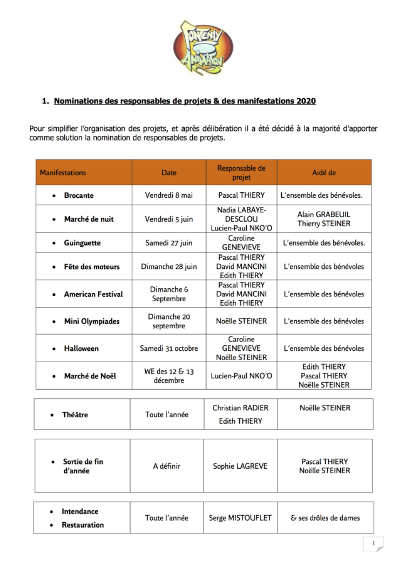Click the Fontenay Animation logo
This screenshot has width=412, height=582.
[203, 47]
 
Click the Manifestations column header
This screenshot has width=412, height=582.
[63, 172]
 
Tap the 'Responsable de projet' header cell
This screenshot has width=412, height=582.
[241, 172]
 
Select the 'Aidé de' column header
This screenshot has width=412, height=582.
[324, 172]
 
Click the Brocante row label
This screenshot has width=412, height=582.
[79, 195]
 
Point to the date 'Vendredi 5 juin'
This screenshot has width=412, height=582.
[169, 219]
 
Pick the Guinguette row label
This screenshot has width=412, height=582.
[82, 243]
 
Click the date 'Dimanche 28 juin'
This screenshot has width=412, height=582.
[169, 266]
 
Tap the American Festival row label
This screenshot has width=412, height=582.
[93, 294]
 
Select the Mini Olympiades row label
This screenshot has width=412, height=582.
[92, 322]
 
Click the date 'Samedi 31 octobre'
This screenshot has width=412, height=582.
[169, 348]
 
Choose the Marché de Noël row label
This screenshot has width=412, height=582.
[90, 376]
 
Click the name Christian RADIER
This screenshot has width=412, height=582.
[241, 408]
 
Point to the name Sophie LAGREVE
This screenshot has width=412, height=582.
[240, 466]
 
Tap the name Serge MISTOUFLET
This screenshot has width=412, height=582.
[240, 518]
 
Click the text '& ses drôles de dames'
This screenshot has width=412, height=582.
[325, 518]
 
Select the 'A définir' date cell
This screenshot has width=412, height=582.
[167, 466]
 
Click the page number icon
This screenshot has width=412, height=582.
[373, 544]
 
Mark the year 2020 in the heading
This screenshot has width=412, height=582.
[306, 101]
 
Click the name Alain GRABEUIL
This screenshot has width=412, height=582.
[324, 214]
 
